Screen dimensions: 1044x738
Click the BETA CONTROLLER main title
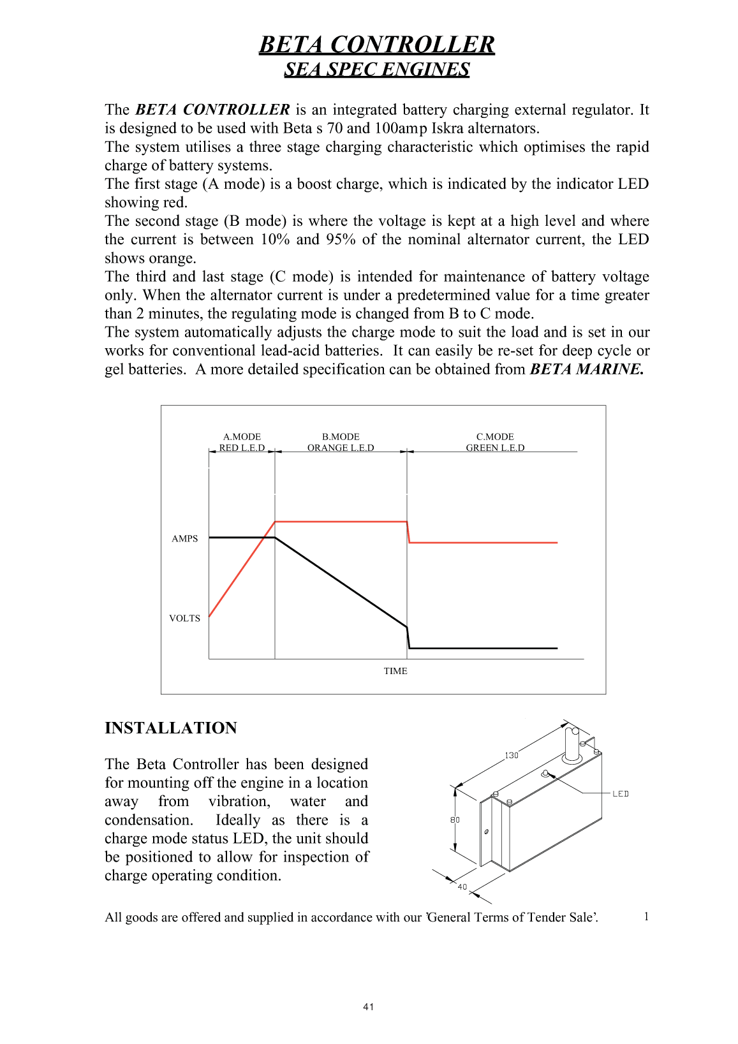click(376, 45)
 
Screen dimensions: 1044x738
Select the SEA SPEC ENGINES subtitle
click(376, 70)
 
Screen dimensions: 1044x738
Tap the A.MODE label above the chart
click(242, 437)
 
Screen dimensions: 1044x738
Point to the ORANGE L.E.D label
click(341, 448)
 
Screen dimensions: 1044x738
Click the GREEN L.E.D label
click(495, 448)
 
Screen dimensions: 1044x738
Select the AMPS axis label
click(185, 539)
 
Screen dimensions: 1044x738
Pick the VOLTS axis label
click(184, 619)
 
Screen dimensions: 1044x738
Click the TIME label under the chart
click(395, 671)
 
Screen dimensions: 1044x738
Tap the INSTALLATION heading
click(171, 728)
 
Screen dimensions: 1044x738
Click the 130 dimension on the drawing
click(512, 756)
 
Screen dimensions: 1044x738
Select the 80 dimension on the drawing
click(455, 820)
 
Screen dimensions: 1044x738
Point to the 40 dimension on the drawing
click(462, 887)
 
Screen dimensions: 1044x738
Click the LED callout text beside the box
click(621, 794)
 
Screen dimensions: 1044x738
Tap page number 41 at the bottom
click(369, 1007)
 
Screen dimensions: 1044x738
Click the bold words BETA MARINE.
click(587, 369)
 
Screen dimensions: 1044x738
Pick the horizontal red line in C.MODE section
click(483, 543)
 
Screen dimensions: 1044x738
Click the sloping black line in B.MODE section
click(341, 582)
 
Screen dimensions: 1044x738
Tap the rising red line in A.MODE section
click(242, 570)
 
